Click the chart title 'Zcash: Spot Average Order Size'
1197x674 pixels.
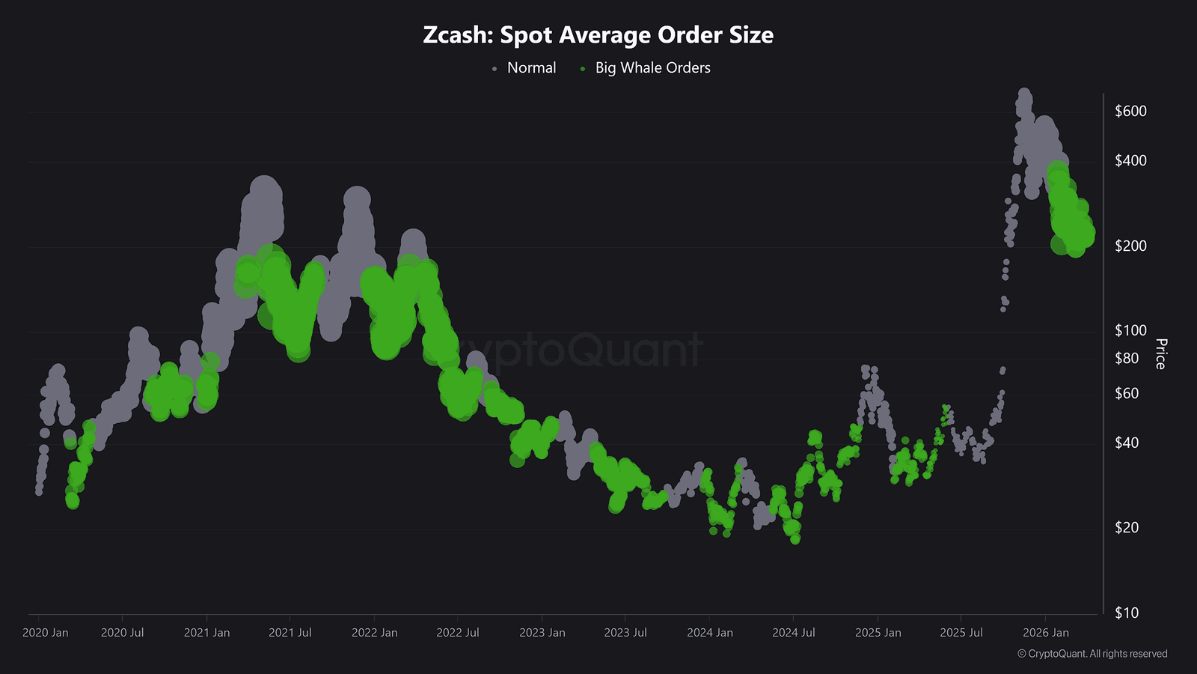598,35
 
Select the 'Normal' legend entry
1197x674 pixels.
531,68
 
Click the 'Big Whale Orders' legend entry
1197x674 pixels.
652,68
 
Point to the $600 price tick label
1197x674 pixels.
1130,112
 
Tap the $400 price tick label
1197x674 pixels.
1130,161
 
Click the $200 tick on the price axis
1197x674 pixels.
1130,246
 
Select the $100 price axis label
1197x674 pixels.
1130,331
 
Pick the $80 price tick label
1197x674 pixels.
1127,359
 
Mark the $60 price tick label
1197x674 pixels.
1127,394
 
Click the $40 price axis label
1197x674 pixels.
1127,443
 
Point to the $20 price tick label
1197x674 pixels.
1127,528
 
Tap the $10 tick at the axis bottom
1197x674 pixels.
1127,613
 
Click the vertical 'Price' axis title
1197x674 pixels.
1160,353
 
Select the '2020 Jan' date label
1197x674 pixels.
46,633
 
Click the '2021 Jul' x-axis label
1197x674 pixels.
290,633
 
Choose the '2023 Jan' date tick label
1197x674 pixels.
542,633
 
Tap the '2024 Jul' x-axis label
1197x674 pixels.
794,633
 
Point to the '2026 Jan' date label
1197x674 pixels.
1046,633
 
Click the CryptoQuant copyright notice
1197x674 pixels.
1092,654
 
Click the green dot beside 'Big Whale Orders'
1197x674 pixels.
583,69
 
